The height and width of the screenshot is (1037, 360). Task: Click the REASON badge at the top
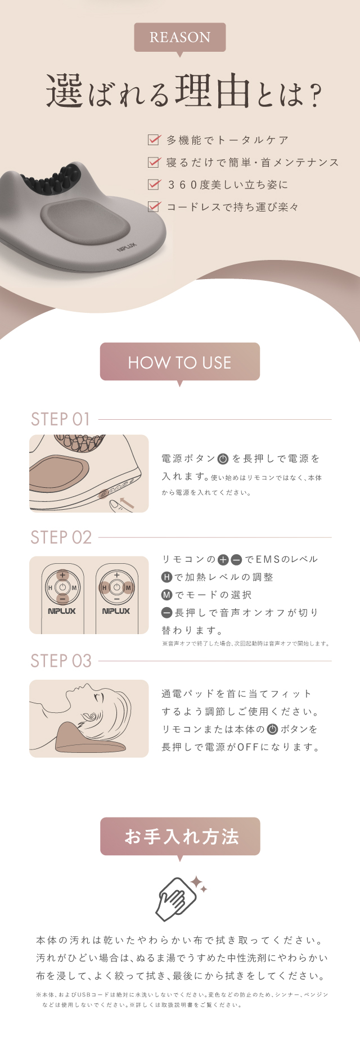(180, 37)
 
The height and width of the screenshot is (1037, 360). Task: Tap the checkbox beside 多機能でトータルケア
(154, 140)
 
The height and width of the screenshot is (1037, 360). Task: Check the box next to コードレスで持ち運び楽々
(154, 206)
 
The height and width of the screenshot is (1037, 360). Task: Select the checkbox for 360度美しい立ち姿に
(154, 184)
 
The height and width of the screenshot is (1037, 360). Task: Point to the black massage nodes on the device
(55, 178)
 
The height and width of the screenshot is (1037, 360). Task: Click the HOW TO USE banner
(180, 362)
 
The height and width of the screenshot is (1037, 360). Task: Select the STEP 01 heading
(60, 419)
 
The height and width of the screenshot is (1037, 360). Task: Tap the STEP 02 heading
(61, 537)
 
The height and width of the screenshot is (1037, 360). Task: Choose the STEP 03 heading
(61, 661)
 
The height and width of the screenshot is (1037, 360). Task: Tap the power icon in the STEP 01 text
(223, 459)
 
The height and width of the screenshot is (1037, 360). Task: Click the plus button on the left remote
(62, 575)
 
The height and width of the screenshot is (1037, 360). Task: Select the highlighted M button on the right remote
(128, 587)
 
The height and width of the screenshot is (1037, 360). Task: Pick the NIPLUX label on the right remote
(116, 611)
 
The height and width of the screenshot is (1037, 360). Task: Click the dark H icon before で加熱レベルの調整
(167, 577)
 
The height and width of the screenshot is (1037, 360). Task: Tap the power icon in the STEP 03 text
(272, 729)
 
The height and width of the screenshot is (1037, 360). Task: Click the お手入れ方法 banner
(180, 836)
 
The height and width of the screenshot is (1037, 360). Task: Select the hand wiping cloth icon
(179, 897)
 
